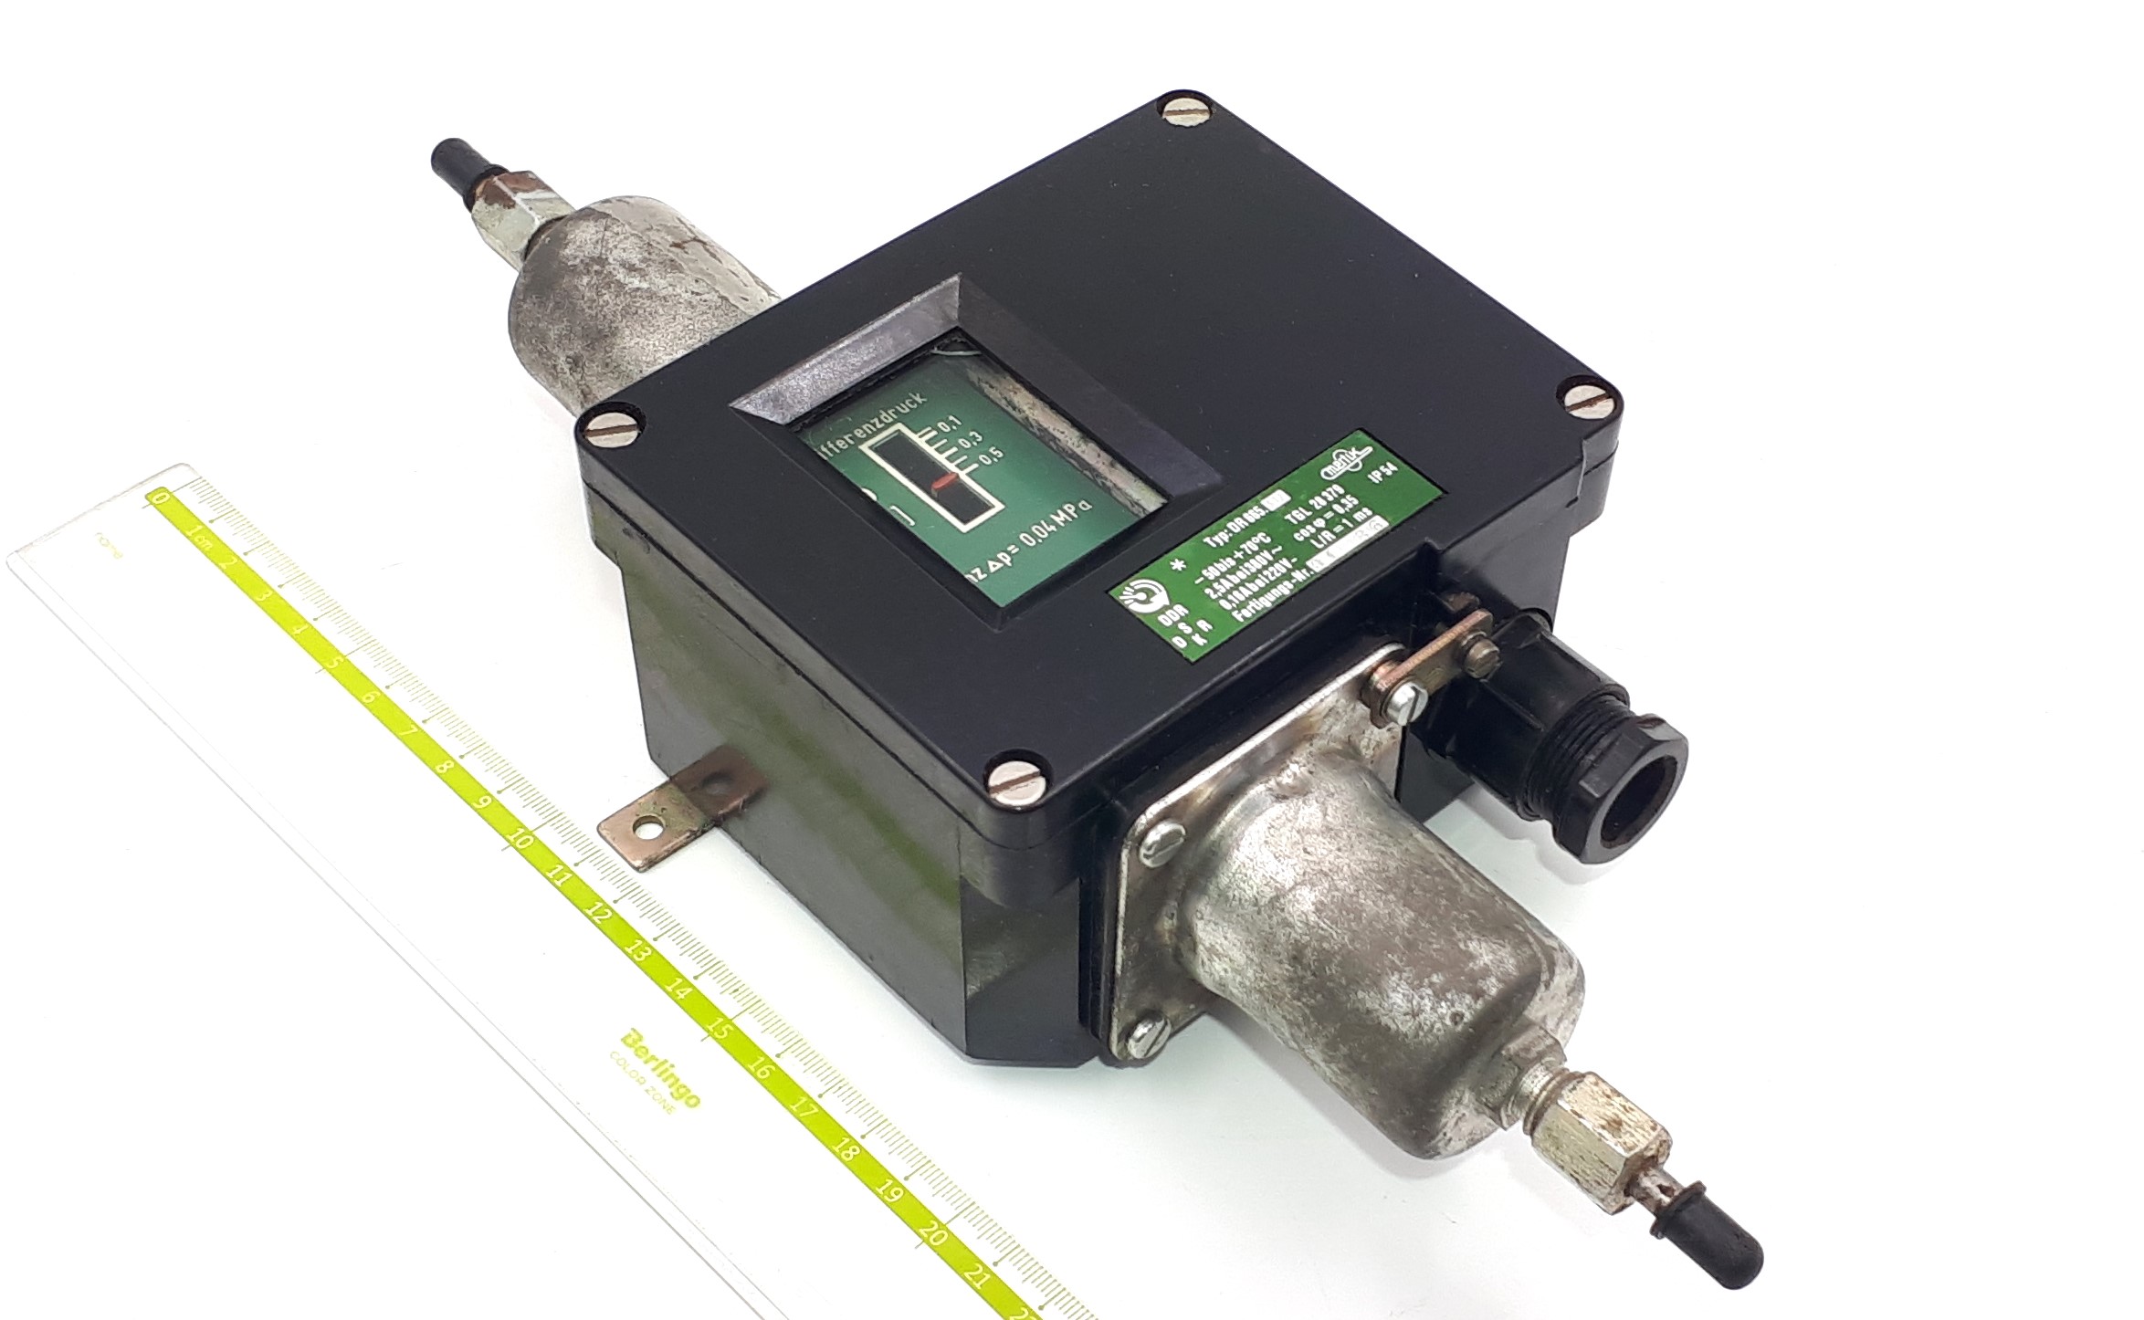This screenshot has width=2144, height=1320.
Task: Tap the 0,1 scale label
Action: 951,424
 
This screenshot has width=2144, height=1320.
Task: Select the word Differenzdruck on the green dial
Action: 871,421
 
